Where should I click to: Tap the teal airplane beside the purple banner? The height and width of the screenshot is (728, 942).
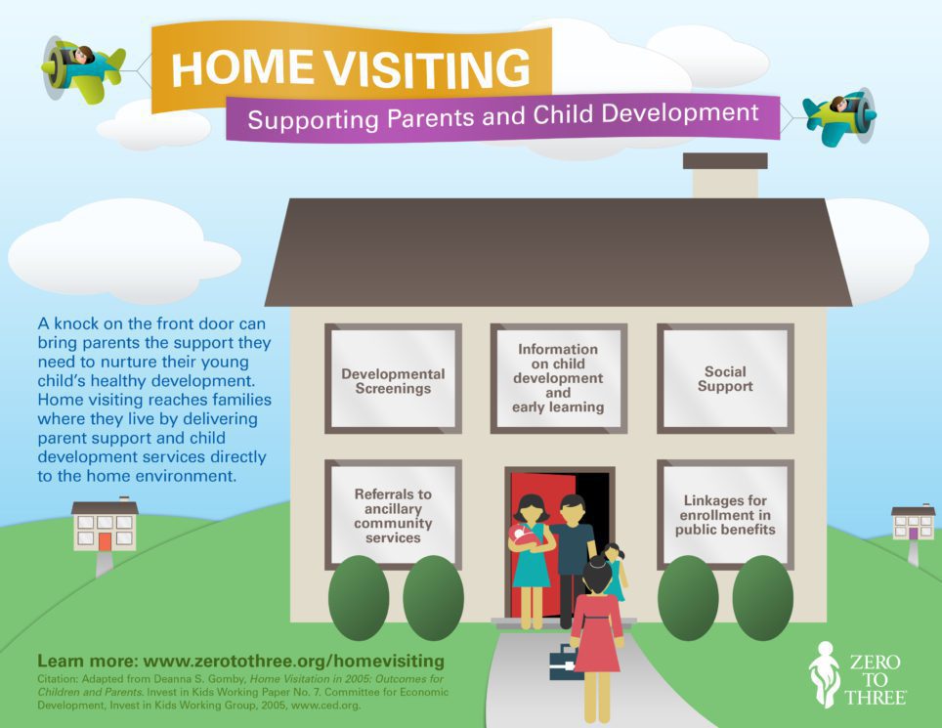(838, 118)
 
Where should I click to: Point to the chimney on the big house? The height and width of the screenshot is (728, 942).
(725, 176)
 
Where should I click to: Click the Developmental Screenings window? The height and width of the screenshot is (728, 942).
(393, 379)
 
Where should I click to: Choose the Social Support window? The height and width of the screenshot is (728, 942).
(725, 379)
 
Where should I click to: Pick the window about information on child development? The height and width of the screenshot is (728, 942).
(558, 378)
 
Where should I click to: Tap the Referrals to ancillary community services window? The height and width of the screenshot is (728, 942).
(393, 514)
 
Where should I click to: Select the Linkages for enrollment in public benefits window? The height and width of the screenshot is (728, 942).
(725, 514)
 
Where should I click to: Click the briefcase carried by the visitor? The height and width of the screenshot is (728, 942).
(565, 663)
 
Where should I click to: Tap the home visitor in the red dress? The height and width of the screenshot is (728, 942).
(595, 625)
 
